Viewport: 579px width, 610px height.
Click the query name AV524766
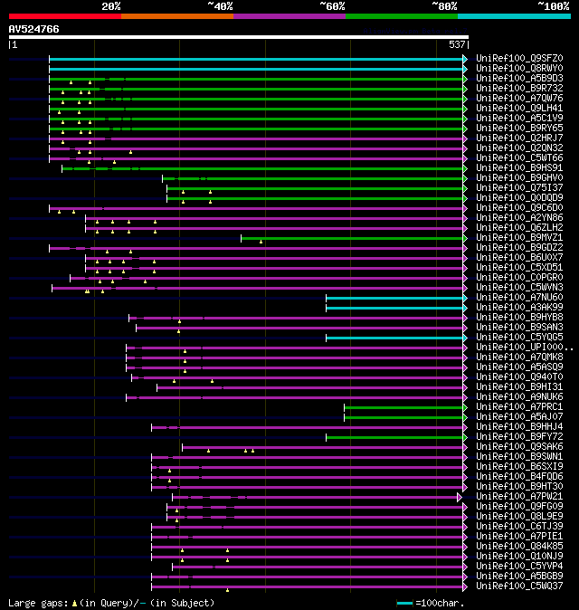34,29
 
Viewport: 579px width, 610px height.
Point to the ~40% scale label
220,5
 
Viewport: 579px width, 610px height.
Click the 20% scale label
110,5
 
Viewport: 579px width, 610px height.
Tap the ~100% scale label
552,5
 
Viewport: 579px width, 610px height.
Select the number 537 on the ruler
457,44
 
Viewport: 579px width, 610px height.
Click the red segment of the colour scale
64,15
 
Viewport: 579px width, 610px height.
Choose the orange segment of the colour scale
176,15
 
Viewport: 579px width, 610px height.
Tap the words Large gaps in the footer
36,603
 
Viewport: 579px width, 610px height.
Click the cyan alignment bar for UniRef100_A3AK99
394,308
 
